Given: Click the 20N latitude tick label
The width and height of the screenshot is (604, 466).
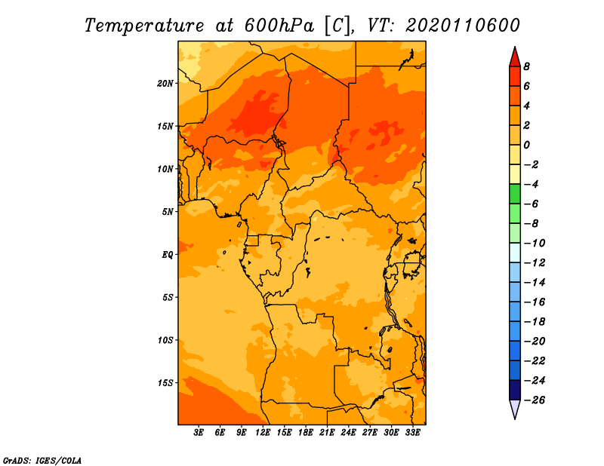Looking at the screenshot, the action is click(x=165, y=84).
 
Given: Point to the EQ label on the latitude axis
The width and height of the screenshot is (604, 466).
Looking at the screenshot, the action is click(x=168, y=255).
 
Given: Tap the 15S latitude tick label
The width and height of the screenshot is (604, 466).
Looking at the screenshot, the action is click(x=165, y=383).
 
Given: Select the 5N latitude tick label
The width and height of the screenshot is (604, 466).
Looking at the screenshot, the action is click(x=168, y=212).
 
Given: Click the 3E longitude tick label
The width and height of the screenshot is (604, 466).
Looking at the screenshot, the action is click(x=199, y=433).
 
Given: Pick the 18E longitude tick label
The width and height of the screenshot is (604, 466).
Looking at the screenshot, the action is click(x=306, y=433).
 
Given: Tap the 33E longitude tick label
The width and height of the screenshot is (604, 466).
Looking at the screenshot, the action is click(x=412, y=433).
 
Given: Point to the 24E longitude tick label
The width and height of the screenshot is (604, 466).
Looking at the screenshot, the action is click(x=348, y=433).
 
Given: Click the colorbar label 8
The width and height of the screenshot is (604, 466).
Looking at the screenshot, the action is click(x=526, y=66).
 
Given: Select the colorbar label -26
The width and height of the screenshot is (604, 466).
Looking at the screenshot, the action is click(x=535, y=400).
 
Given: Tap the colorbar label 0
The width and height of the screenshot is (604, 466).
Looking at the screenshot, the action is click(x=526, y=145).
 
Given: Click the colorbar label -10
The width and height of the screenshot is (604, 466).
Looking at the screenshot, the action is click(x=535, y=244).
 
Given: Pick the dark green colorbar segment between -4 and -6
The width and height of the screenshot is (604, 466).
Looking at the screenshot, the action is click(x=515, y=194).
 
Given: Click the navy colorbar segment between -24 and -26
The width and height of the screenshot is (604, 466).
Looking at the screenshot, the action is click(x=515, y=390).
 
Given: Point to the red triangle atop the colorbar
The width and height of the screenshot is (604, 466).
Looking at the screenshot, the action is click(x=515, y=57).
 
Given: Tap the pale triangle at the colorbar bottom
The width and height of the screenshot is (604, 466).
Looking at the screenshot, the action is click(x=515, y=409).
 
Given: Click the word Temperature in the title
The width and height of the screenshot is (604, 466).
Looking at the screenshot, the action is click(x=144, y=26).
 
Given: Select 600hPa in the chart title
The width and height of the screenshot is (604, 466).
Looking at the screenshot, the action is click(x=279, y=26).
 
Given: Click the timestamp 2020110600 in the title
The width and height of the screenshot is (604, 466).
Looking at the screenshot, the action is click(x=463, y=26).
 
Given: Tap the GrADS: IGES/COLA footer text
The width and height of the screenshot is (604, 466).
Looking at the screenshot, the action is click(x=42, y=460).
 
